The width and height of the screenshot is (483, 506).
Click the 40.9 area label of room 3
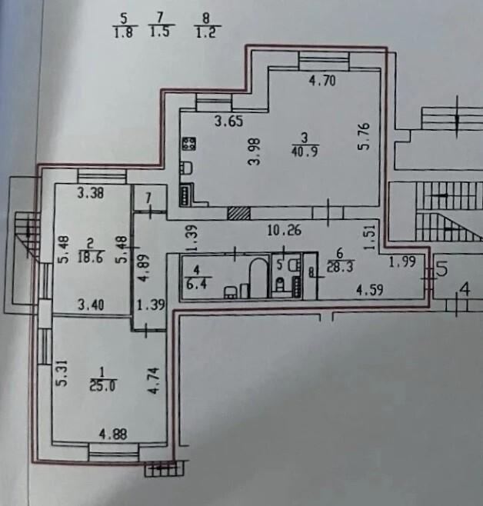[305, 151]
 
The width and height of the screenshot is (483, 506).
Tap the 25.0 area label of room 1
[102, 386]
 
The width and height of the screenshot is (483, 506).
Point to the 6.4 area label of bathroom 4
[197, 284]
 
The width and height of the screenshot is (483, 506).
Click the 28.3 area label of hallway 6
[341, 267]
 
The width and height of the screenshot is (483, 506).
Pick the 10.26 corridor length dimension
[285, 230]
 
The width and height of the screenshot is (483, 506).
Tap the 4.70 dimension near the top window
[322, 80]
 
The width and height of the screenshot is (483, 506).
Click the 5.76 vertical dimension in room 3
[363, 137]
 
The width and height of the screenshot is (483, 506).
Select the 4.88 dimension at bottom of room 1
[113, 434]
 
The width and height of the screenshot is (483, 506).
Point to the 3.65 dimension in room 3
[228, 122]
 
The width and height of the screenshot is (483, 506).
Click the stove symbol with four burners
[188, 144]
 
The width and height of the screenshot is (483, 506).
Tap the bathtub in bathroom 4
[258, 278]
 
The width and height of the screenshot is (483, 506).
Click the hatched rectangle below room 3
[238, 213]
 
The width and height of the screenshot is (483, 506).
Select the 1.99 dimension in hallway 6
[402, 262]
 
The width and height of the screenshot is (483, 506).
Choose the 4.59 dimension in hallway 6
[370, 290]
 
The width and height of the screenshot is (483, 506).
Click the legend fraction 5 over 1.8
[124, 25]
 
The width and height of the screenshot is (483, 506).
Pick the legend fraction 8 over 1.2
[206, 25]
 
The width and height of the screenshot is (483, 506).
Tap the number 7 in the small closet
[148, 198]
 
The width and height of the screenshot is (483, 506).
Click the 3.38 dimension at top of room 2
[91, 193]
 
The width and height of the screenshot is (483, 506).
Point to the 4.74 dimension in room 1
[155, 381]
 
